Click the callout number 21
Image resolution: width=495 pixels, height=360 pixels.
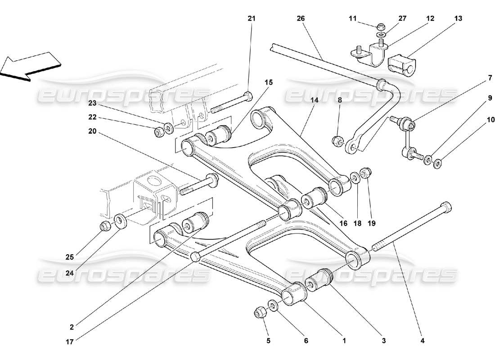click(251, 18)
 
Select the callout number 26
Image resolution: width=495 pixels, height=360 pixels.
click(301, 18)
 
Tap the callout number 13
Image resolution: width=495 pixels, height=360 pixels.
click(458, 18)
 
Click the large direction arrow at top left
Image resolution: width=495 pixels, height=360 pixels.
click(31, 66)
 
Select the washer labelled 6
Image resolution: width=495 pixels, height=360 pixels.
click(273, 306)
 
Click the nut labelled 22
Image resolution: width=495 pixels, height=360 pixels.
click(159, 132)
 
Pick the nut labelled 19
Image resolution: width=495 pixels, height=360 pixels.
click(365, 173)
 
